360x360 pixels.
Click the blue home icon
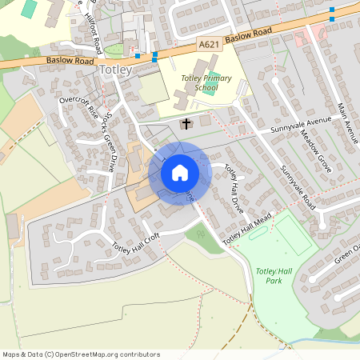coord(180,172)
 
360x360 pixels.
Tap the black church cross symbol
coord(186,124)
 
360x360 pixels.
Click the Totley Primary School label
coord(206,83)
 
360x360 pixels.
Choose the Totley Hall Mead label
coord(249,229)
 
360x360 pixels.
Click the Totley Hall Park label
coord(274,277)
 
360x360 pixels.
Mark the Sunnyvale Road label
coord(298,185)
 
